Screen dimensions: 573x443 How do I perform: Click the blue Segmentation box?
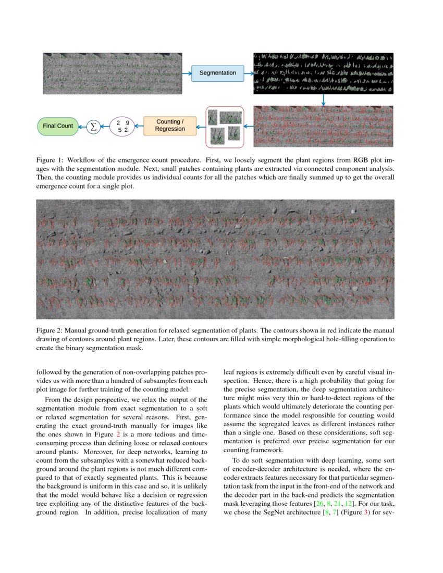pos(217,73)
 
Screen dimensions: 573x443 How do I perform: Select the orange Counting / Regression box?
pos(170,126)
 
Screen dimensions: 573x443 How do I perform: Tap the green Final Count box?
pos(57,126)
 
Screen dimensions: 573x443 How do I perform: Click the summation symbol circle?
pos(93,126)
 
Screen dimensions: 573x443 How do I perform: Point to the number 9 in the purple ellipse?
pos(127,122)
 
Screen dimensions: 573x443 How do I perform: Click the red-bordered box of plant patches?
pos(225,127)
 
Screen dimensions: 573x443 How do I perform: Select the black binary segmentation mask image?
pos(323,73)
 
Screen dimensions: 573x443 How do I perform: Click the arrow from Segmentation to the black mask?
pos(248,73)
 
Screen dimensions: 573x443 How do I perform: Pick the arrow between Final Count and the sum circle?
pos(82,126)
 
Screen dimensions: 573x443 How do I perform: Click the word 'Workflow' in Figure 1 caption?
pos(83,159)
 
